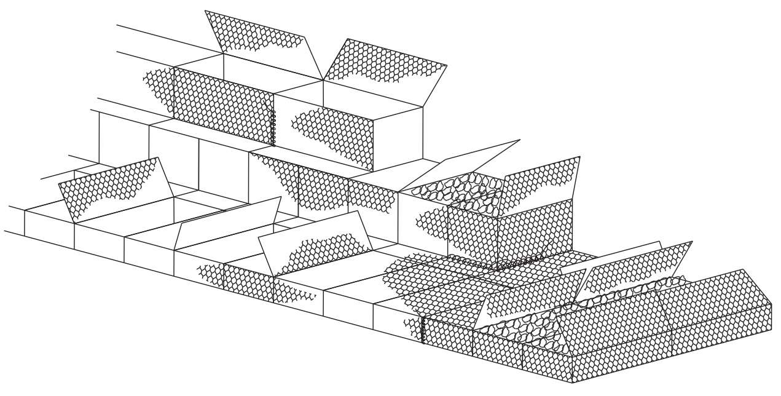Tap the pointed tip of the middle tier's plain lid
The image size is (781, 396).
[520, 141]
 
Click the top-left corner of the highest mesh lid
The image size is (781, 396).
[205, 10]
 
